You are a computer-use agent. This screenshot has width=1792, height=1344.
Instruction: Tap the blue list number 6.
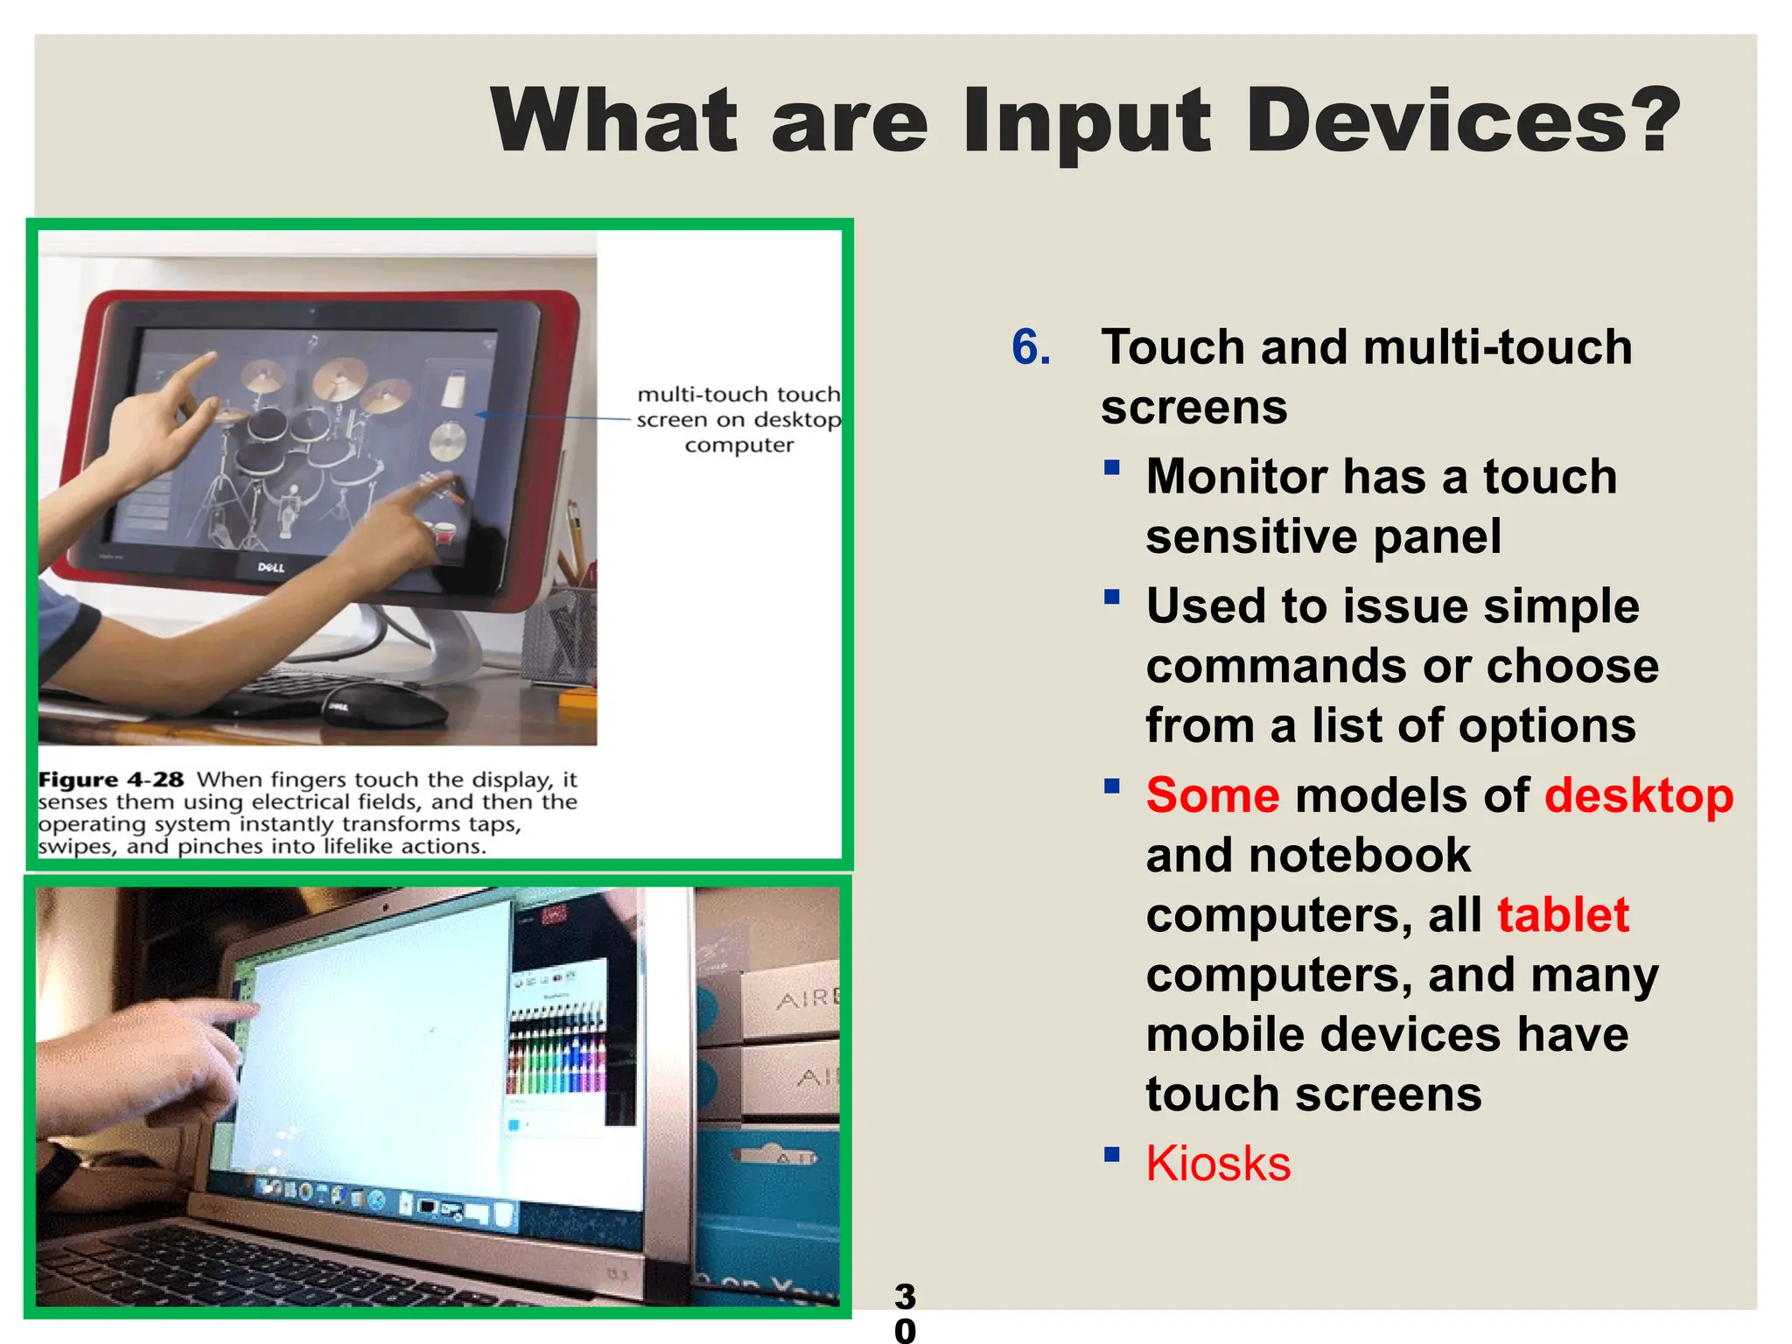(1031, 347)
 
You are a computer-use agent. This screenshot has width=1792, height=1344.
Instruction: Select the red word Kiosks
(1218, 1164)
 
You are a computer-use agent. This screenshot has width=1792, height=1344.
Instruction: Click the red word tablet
(1563, 914)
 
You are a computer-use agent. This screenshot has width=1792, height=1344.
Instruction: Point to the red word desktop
(1639, 795)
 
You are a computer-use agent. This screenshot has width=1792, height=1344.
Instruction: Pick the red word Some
(1213, 795)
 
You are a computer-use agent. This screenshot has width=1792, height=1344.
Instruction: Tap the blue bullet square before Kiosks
(1112, 1154)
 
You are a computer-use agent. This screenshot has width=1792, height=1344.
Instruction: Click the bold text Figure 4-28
(111, 780)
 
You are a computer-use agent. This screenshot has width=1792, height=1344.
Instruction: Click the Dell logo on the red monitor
(271, 567)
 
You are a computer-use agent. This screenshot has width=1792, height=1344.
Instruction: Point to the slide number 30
(905, 1312)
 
